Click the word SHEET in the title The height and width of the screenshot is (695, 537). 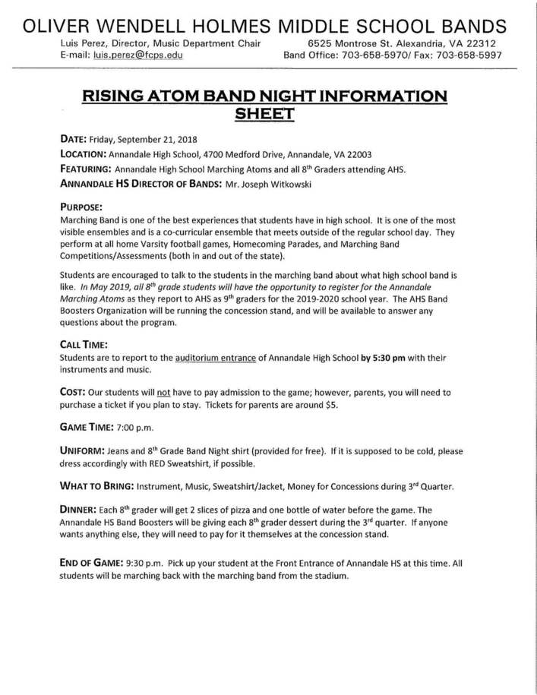click(264, 114)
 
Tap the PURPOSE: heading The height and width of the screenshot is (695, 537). click(81, 207)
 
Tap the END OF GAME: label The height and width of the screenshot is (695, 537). click(91, 563)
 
